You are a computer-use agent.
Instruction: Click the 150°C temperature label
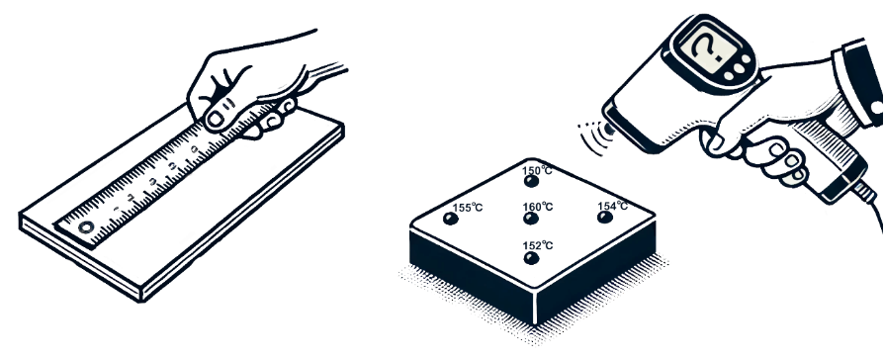(x=537, y=170)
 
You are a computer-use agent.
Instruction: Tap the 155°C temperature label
(x=468, y=208)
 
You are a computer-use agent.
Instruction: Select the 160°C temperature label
(x=538, y=207)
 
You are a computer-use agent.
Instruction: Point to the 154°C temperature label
(x=613, y=206)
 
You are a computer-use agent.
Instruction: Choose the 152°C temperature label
(x=538, y=245)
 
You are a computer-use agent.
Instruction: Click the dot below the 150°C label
(x=531, y=181)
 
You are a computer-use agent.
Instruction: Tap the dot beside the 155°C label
(x=451, y=219)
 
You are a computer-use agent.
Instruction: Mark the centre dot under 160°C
(x=531, y=219)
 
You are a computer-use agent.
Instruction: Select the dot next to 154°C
(x=605, y=218)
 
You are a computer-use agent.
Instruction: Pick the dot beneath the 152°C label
(x=531, y=258)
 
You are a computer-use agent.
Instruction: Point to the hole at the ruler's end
(x=86, y=227)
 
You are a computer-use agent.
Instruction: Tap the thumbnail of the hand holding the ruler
(x=216, y=120)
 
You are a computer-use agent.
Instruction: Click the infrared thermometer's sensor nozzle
(x=608, y=130)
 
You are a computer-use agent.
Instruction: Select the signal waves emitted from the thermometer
(x=591, y=135)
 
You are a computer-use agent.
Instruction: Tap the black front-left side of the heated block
(x=472, y=274)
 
